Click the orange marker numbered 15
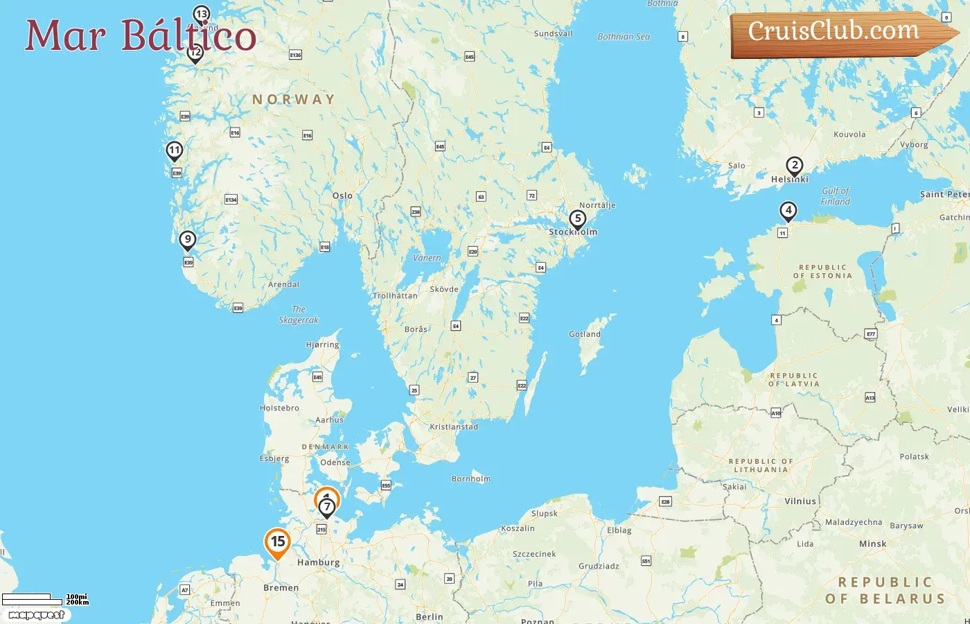click(x=278, y=542)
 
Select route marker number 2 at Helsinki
click(x=795, y=166)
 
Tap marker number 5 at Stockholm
click(x=577, y=219)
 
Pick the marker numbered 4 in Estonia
click(x=788, y=210)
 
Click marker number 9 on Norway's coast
click(x=187, y=240)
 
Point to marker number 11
click(x=175, y=150)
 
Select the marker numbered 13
click(x=202, y=14)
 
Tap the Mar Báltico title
click(x=141, y=35)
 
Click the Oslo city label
click(x=342, y=196)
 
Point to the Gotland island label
click(x=585, y=334)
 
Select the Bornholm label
click(x=470, y=478)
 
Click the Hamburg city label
click(x=318, y=562)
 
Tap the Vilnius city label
click(x=800, y=501)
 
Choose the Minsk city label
click(x=872, y=544)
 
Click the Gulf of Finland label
click(x=835, y=196)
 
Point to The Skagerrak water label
click(x=299, y=315)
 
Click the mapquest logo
click(x=36, y=614)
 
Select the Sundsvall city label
click(x=553, y=33)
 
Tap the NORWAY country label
click(x=293, y=100)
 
